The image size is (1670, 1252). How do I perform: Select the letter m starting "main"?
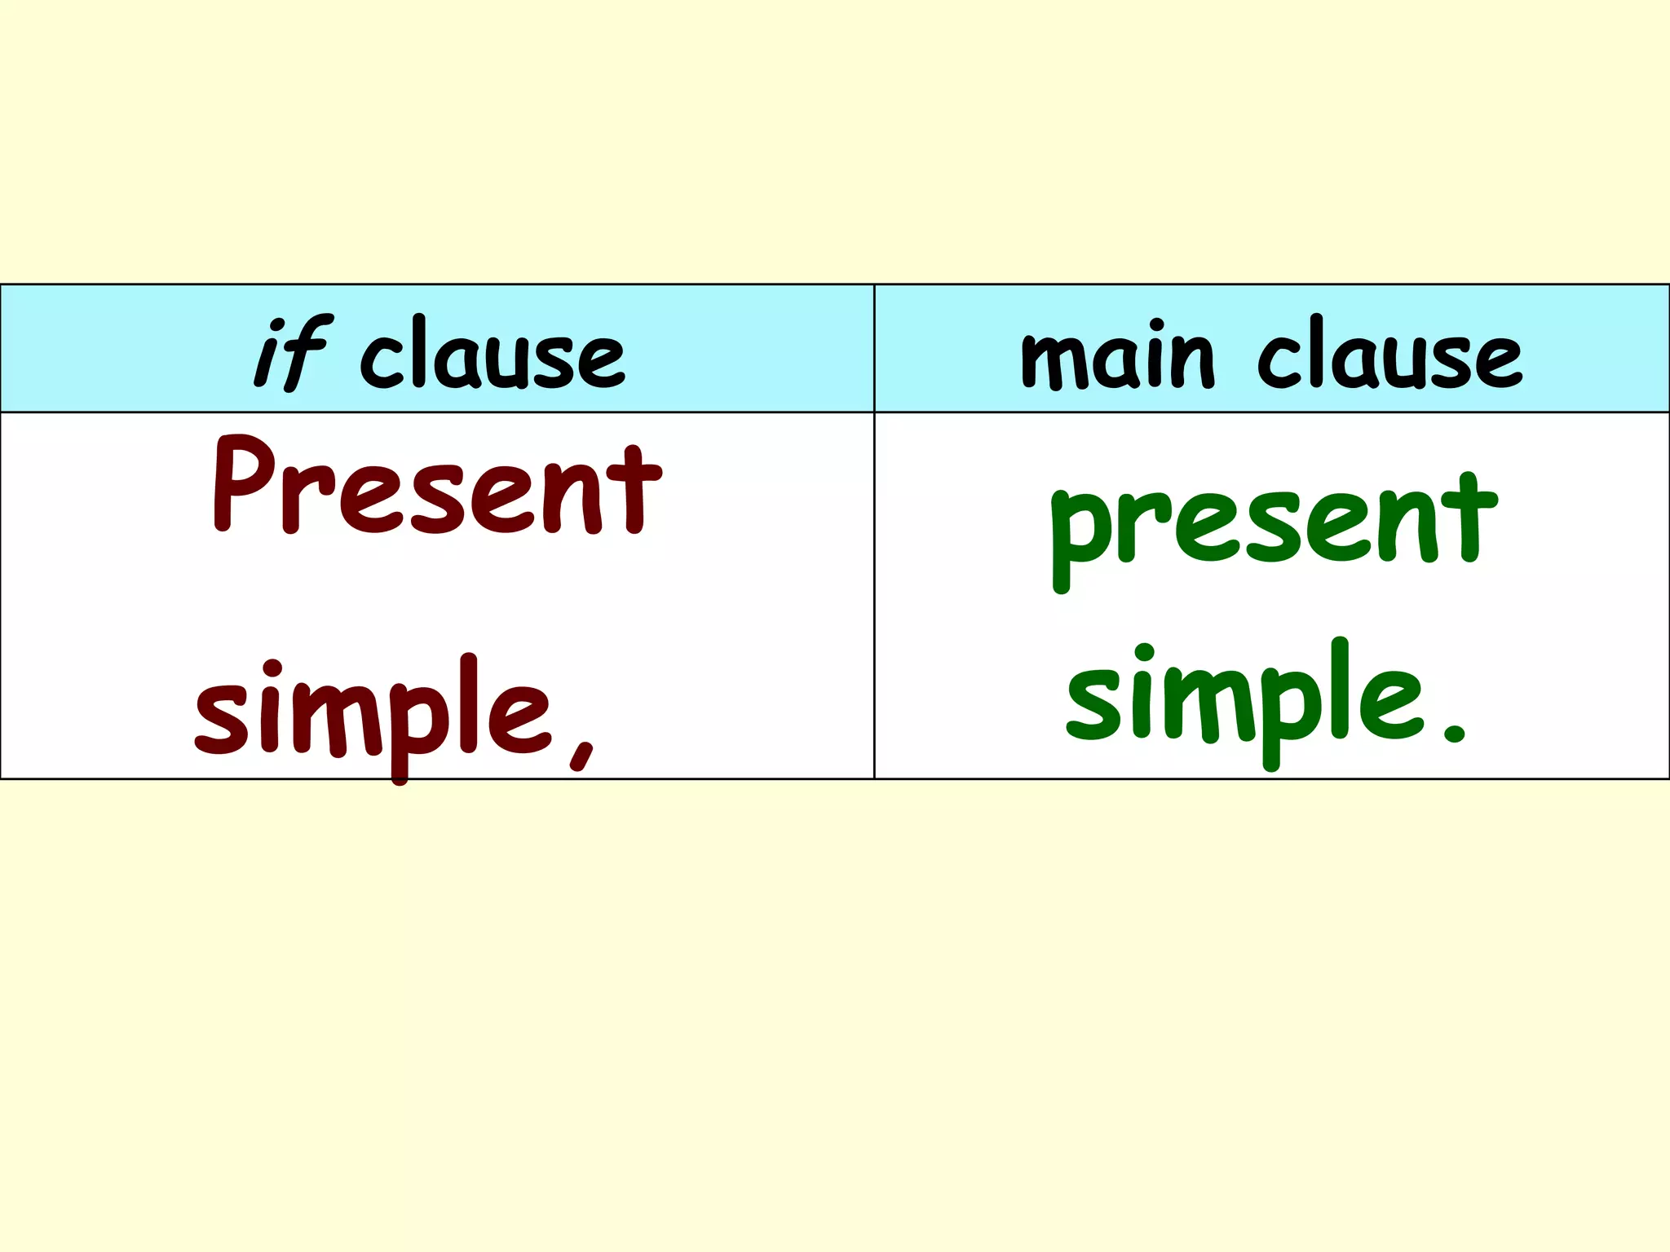1055,362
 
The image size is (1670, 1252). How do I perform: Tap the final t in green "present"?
1473,518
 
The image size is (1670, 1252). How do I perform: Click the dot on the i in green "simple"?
1144,654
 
